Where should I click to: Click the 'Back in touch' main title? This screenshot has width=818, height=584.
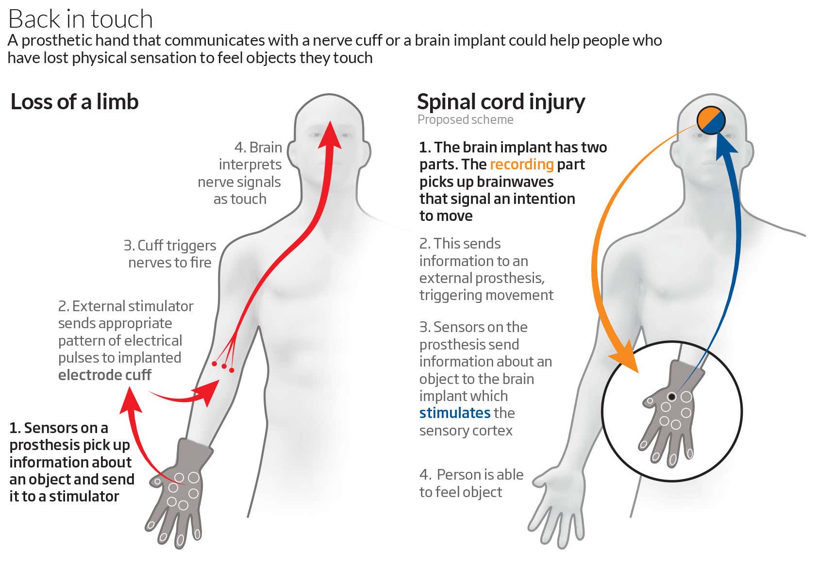(x=81, y=19)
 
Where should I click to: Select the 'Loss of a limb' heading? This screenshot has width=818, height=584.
(x=74, y=102)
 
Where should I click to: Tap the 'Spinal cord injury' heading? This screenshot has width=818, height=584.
(x=501, y=102)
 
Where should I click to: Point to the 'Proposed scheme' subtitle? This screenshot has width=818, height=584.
(x=465, y=120)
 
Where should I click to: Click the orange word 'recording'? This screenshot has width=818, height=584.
(x=521, y=165)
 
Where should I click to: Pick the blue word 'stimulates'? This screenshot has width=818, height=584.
(x=454, y=413)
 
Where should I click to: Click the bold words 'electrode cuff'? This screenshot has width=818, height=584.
(x=104, y=375)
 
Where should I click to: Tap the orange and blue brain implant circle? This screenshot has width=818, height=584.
(x=711, y=120)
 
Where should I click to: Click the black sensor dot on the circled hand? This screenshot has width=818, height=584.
(x=672, y=397)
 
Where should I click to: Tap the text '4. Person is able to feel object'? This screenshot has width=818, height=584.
(x=471, y=483)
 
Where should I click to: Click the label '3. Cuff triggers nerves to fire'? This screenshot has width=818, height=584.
(x=169, y=254)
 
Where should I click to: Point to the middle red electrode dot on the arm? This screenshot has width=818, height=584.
(x=224, y=367)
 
